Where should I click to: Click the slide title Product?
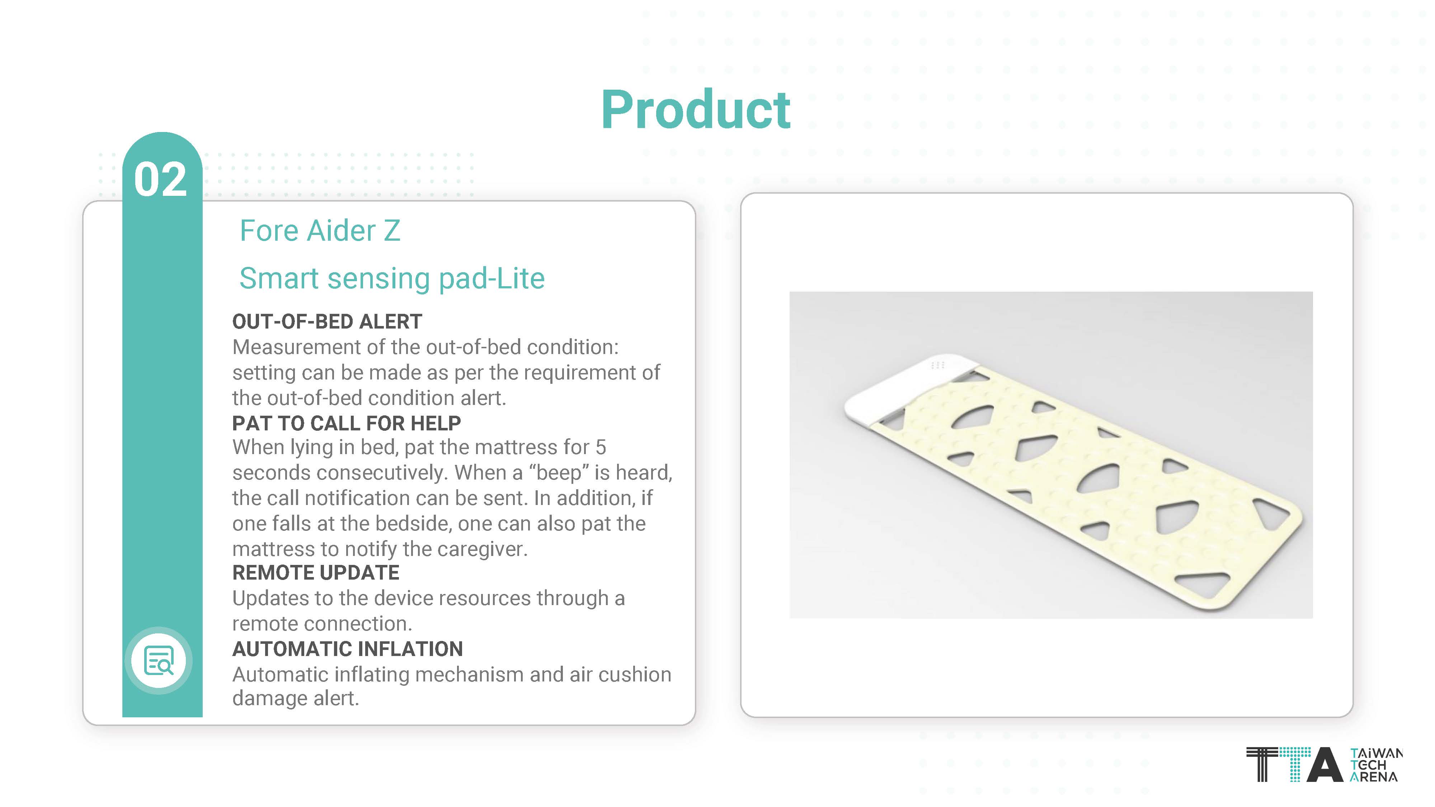point(696,110)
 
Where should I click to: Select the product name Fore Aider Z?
point(320,231)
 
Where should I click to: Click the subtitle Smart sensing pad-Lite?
point(392,278)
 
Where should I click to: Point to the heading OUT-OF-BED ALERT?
point(327,321)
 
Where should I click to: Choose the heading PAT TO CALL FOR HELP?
point(347,423)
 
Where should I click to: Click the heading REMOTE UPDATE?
point(316,572)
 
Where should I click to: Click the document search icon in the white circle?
point(159,661)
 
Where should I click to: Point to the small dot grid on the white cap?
point(937,365)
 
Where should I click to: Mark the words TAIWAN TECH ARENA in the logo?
point(1375,765)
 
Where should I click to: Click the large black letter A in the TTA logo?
point(1325,765)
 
